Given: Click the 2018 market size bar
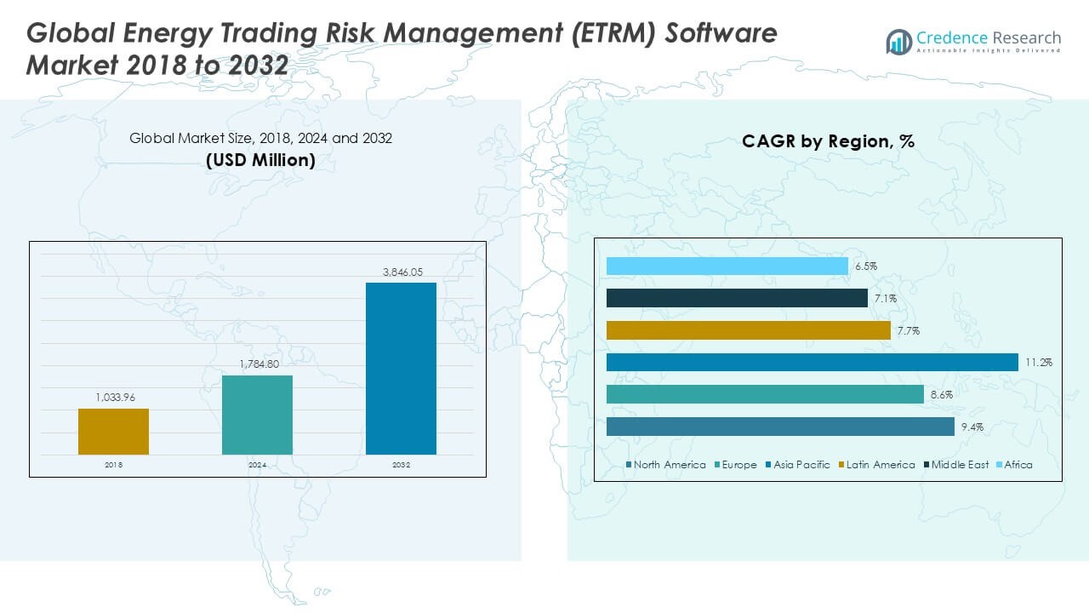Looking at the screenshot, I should pos(113,432).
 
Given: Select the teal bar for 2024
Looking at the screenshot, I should pos(257,415).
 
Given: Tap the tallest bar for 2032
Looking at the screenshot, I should pos(401,369).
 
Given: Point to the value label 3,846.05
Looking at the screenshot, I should pos(401,272).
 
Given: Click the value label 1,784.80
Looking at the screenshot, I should pos(257,365).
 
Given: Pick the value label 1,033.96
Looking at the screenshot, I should pos(113,398).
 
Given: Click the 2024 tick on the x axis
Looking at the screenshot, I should pos(257,465).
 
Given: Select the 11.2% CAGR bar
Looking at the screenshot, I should pos(812,363).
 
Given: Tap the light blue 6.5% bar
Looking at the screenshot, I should pos(727,266).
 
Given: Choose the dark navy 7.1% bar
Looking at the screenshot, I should pos(737,298).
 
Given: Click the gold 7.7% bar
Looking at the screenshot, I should pos(748,330).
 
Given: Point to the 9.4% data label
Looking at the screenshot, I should pos(972,427).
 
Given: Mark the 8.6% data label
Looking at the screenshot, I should pos(941,395).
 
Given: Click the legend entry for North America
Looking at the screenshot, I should pos(665,465).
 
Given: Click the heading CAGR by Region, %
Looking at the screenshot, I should pos(828,141).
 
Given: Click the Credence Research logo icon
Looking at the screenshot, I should pos(898,41).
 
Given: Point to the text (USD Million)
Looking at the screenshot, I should pos(260,160).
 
